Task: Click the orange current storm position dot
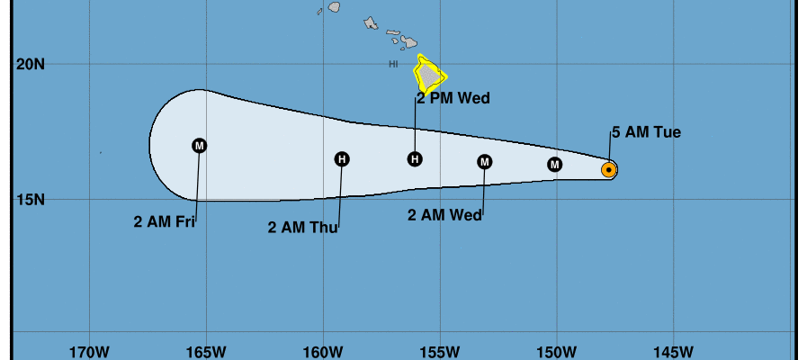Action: pyautogui.click(x=609, y=169)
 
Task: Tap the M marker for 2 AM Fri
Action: pyautogui.click(x=200, y=146)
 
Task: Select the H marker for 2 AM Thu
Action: pyautogui.click(x=342, y=159)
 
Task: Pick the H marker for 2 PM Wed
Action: pyautogui.click(x=415, y=159)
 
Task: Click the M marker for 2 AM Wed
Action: pyautogui.click(x=485, y=162)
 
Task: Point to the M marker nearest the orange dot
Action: pyautogui.click(x=554, y=164)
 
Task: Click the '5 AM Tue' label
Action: pyautogui.click(x=646, y=133)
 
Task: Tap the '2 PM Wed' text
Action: pyautogui.click(x=453, y=99)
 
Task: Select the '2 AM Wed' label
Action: pyautogui.click(x=444, y=215)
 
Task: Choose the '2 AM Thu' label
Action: pyautogui.click(x=303, y=227)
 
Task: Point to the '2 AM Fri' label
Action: pyautogui.click(x=165, y=221)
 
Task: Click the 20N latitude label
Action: pyautogui.click(x=30, y=64)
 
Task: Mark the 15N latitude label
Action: pyautogui.click(x=30, y=200)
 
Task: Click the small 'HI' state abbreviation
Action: pyautogui.click(x=393, y=64)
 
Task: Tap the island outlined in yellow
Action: pyautogui.click(x=430, y=75)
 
